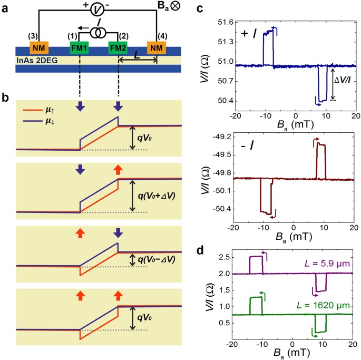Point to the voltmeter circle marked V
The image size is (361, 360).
[96, 9]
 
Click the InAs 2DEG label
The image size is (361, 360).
[37, 60]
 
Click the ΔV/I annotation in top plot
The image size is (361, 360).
[345, 80]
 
